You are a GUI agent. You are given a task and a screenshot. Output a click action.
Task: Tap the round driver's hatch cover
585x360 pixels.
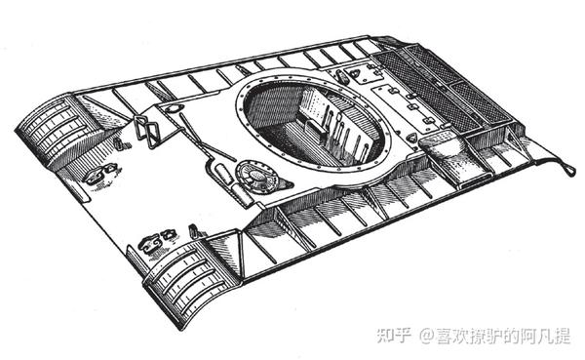[255, 177]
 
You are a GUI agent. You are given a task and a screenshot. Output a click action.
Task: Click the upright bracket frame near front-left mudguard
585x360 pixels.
[147, 129]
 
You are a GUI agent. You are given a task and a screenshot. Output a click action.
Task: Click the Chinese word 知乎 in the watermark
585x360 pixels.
[393, 336]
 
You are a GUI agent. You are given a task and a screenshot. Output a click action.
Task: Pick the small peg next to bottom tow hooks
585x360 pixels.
[192, 231]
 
